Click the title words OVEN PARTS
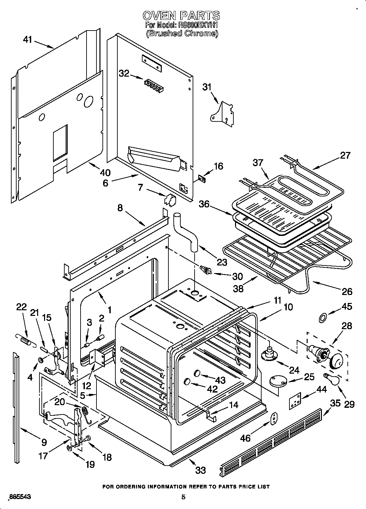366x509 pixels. tap(181, 15)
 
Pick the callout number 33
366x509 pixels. tap(201, 470)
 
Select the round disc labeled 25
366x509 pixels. tap(278, 381)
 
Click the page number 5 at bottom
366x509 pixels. tap(183, 497)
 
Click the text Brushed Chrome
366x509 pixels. tap(182, 33)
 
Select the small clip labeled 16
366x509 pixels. tap(201, 179)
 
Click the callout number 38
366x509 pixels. tap(238, 288)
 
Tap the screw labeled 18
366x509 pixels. tap(88, 439)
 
